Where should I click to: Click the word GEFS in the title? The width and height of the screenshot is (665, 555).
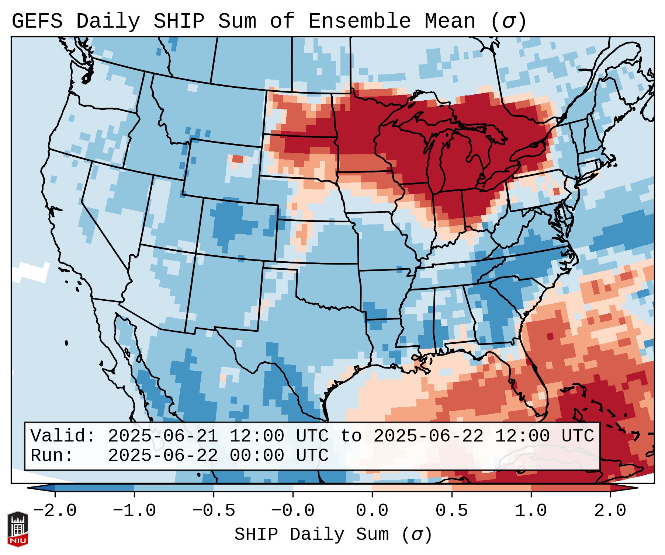point(37,21)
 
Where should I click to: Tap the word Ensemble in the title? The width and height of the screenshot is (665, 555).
point(359,21)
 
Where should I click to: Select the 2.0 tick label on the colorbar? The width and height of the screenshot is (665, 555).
point(610,511)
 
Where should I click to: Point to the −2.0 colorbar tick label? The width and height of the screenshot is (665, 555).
point(55,511)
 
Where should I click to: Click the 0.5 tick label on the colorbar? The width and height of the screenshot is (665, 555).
point(451,511)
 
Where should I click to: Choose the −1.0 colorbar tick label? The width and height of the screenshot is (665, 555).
point(134,511)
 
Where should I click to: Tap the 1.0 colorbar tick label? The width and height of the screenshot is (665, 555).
point(531,511)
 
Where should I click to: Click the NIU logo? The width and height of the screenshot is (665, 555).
point(18,529)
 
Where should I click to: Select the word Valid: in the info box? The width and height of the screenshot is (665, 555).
point(63,436)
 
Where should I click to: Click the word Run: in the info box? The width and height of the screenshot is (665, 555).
point(52,455)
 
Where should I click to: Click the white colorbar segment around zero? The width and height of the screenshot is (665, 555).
point(332,488)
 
